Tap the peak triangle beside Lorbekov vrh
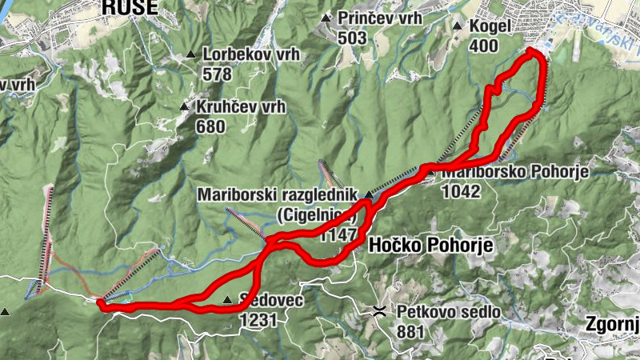[190, 55]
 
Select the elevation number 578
[217, 75]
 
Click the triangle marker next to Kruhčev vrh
[184, 106]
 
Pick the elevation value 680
[211, 126]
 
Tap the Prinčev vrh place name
[379, 18]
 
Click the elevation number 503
[352, 38]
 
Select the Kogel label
[490, 26]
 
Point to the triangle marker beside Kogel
[457, 26]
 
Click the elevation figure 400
[483, 46]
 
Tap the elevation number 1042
[465, 191]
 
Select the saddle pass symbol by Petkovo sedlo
[380, 310]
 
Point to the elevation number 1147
[336, 236]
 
